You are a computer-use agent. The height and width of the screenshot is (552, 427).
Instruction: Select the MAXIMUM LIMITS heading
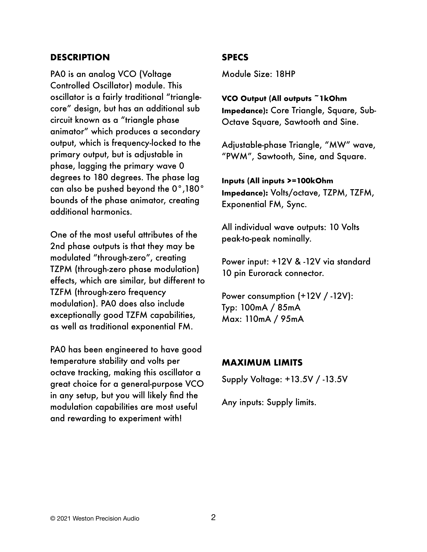point(262,363)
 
